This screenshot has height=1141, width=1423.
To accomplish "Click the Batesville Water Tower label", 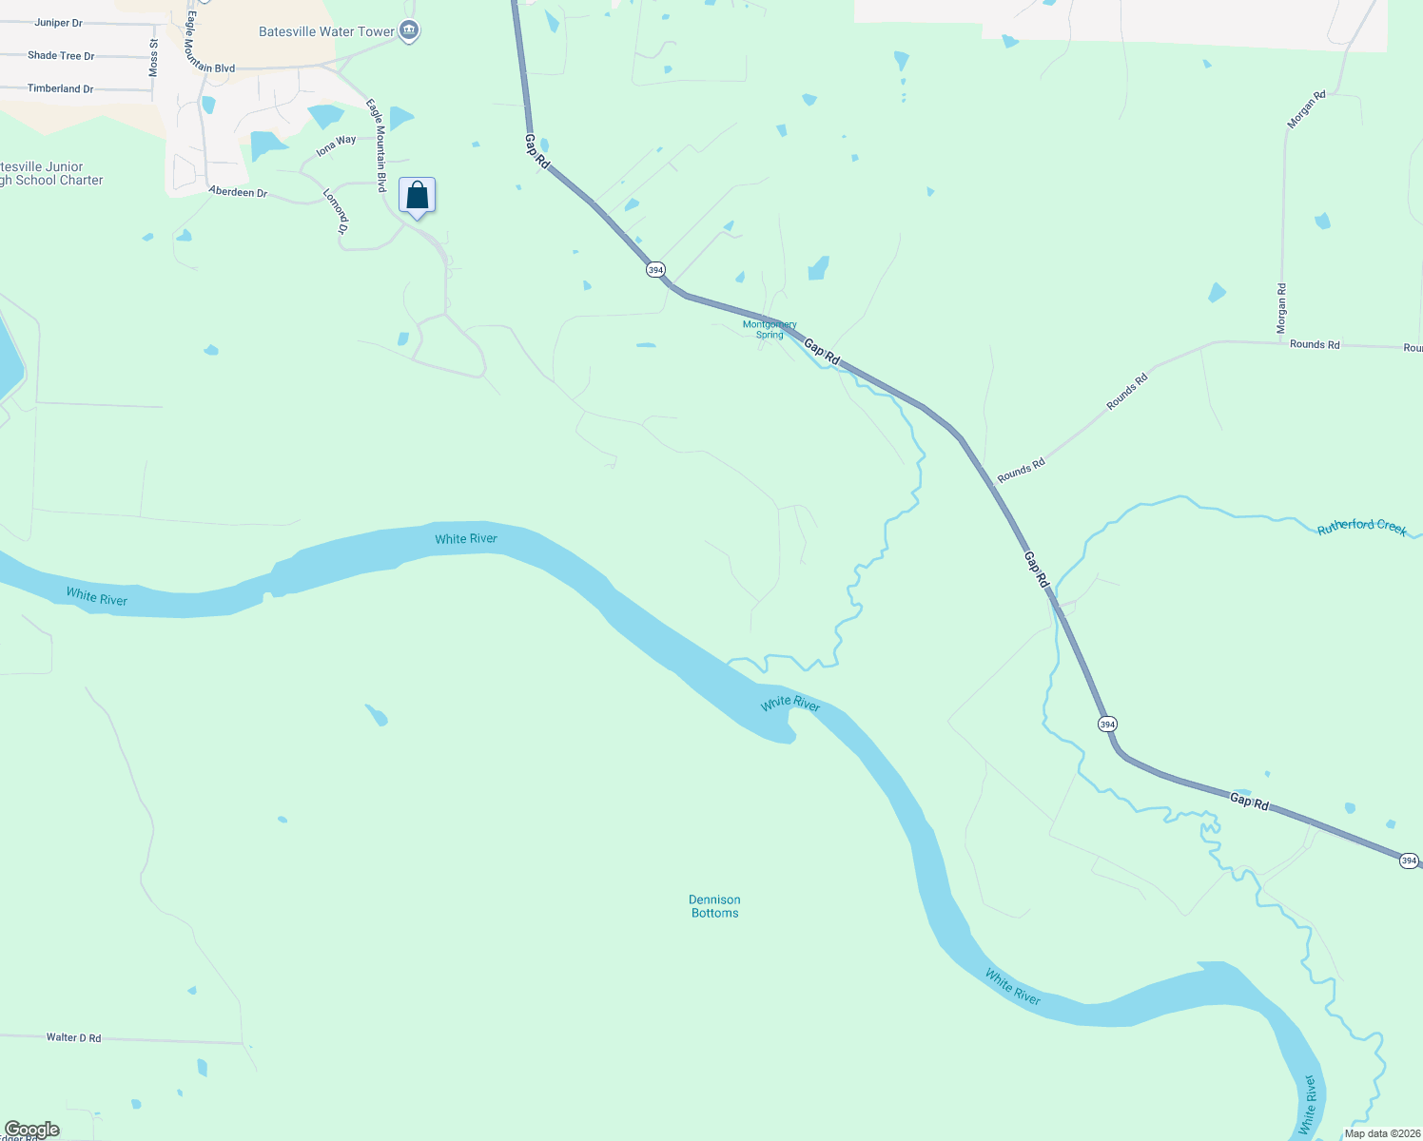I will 326,31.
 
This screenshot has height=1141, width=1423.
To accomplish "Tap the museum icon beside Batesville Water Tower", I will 409,31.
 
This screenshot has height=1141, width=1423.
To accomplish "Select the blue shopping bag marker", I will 417,197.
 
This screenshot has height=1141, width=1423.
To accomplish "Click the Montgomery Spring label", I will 770,329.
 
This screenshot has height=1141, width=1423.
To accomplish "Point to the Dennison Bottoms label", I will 714,906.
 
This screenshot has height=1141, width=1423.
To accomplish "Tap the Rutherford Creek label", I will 1361,527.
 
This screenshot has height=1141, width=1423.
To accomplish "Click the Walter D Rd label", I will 73,1037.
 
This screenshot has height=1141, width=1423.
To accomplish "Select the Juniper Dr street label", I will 59,23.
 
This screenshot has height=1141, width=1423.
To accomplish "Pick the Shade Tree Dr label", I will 61,56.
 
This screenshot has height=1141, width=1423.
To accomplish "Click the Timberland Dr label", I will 60,88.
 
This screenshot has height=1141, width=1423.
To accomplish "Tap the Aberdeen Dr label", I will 238,192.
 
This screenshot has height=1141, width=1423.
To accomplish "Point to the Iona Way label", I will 336,145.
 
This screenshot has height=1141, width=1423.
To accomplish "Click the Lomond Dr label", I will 335,211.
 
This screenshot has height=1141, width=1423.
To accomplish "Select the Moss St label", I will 154,58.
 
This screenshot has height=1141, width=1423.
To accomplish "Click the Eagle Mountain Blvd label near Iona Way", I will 377,146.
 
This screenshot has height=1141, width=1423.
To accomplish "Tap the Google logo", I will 32,1130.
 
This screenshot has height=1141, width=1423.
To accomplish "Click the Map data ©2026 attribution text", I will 1382,1133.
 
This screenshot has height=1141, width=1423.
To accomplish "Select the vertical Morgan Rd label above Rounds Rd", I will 1282,308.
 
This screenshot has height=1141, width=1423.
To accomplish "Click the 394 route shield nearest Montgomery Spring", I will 655,270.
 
